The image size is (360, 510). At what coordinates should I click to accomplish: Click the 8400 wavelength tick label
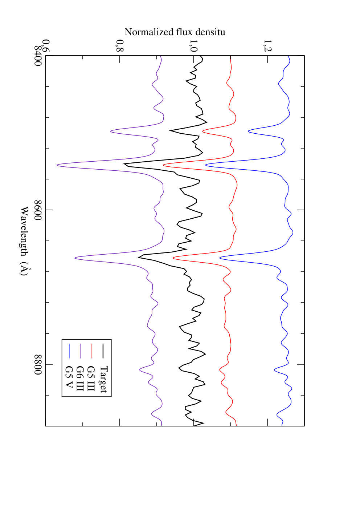point(38,56)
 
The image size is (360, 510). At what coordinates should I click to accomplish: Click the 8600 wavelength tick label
point(38,210)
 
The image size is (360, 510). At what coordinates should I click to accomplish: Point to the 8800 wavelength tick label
point(38,364)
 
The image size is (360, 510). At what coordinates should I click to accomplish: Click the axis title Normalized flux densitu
point(175,32)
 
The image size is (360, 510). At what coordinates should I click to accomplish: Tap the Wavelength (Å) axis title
point(25,241)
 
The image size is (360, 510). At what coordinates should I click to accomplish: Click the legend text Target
point(103,379)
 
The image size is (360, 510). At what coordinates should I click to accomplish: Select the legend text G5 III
point(91,379)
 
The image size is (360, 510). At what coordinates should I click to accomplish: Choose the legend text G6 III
point(80,379)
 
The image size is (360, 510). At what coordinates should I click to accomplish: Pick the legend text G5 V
point(69,377)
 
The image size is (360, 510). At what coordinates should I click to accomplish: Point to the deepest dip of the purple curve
point(57,165)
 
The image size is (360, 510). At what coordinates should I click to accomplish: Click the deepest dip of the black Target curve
point(124,164)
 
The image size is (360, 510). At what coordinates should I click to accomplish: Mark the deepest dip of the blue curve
point(205,165)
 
